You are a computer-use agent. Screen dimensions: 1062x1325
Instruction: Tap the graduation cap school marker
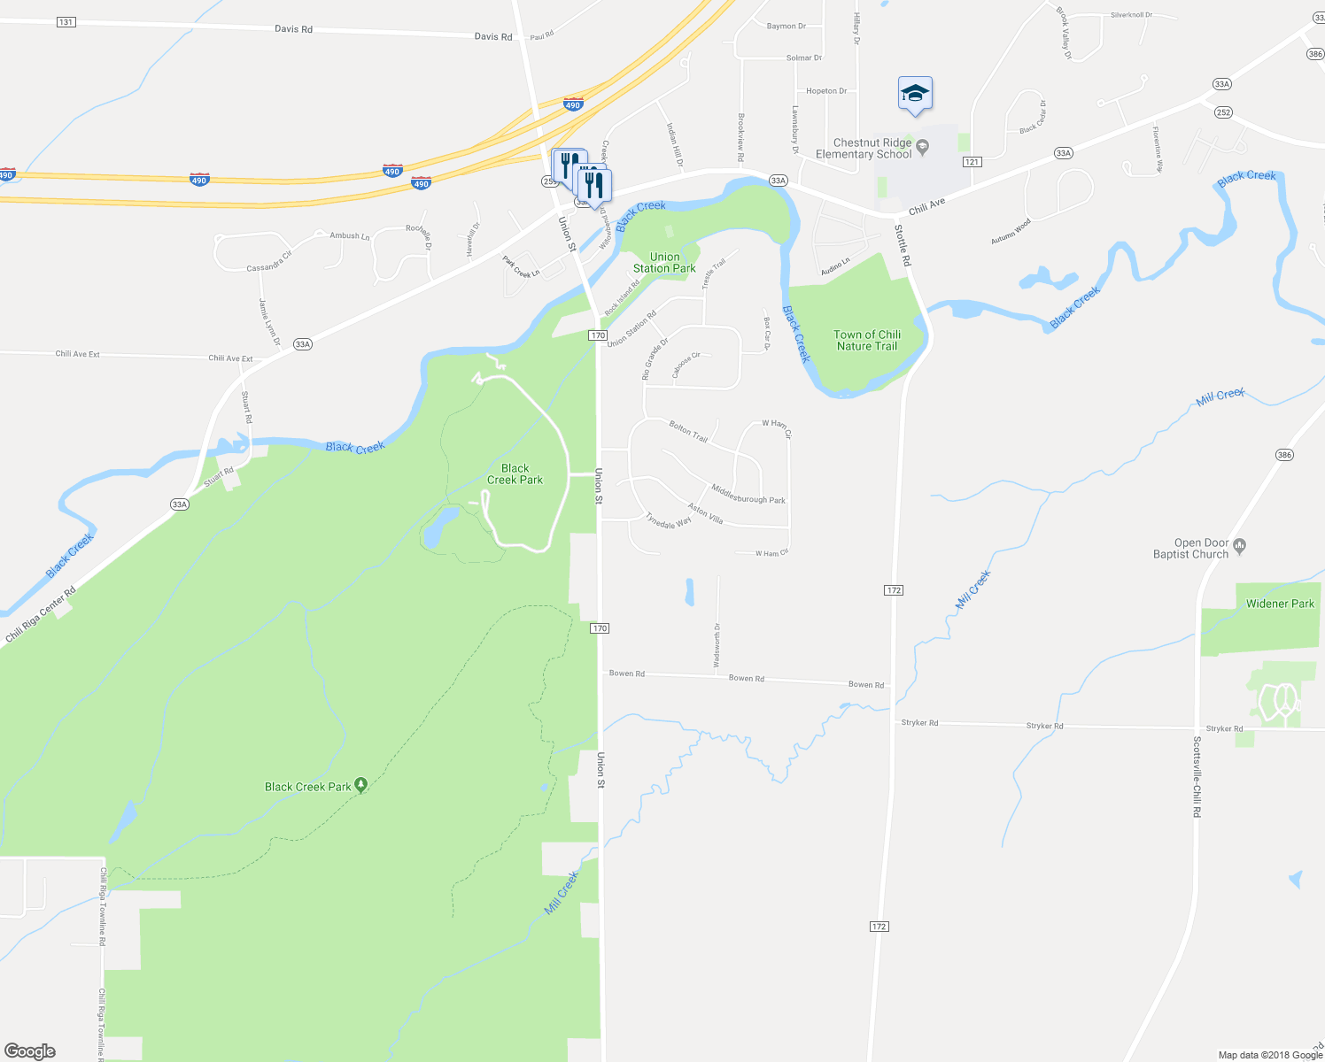(x=915, y=93)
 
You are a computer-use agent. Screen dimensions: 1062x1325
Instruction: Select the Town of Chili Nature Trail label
(x=867, y=341)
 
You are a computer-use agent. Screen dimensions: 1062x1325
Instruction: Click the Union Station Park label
(x=664, y=263)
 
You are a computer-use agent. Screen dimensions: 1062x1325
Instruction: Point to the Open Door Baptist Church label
(x=1190, y=549)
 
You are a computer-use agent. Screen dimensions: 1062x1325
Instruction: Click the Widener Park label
(x=1280, y=604)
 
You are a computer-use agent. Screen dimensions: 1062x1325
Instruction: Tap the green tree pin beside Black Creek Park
(x=361, y=785)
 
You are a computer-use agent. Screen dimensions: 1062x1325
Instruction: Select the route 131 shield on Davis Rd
(x=66, y=22)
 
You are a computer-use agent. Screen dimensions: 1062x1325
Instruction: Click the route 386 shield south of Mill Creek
(x=1284, y=455)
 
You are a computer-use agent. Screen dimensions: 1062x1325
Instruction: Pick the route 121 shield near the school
(x=972, y=162)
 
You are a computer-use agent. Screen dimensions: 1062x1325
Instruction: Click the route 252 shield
(x=1223, y=112)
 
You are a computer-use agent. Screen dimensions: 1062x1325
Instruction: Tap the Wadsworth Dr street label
(x=717, y=645)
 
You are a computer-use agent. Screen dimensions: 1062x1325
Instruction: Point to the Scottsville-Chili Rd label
(x=1197, y=776)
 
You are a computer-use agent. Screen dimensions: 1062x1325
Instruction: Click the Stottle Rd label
(x=903, y=245)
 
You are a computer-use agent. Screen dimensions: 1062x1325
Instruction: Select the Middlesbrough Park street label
(x=748, y=494)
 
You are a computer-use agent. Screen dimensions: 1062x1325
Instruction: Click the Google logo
(x=30, y=1051)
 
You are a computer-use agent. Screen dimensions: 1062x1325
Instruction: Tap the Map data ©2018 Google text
(x=1270, y=1055)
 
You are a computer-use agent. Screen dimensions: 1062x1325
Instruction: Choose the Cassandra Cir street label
(x=269, y=262)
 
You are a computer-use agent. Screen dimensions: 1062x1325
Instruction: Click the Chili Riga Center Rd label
(x=41, y=613)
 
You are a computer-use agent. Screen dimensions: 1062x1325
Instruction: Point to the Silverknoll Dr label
(x=1132, y=15)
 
